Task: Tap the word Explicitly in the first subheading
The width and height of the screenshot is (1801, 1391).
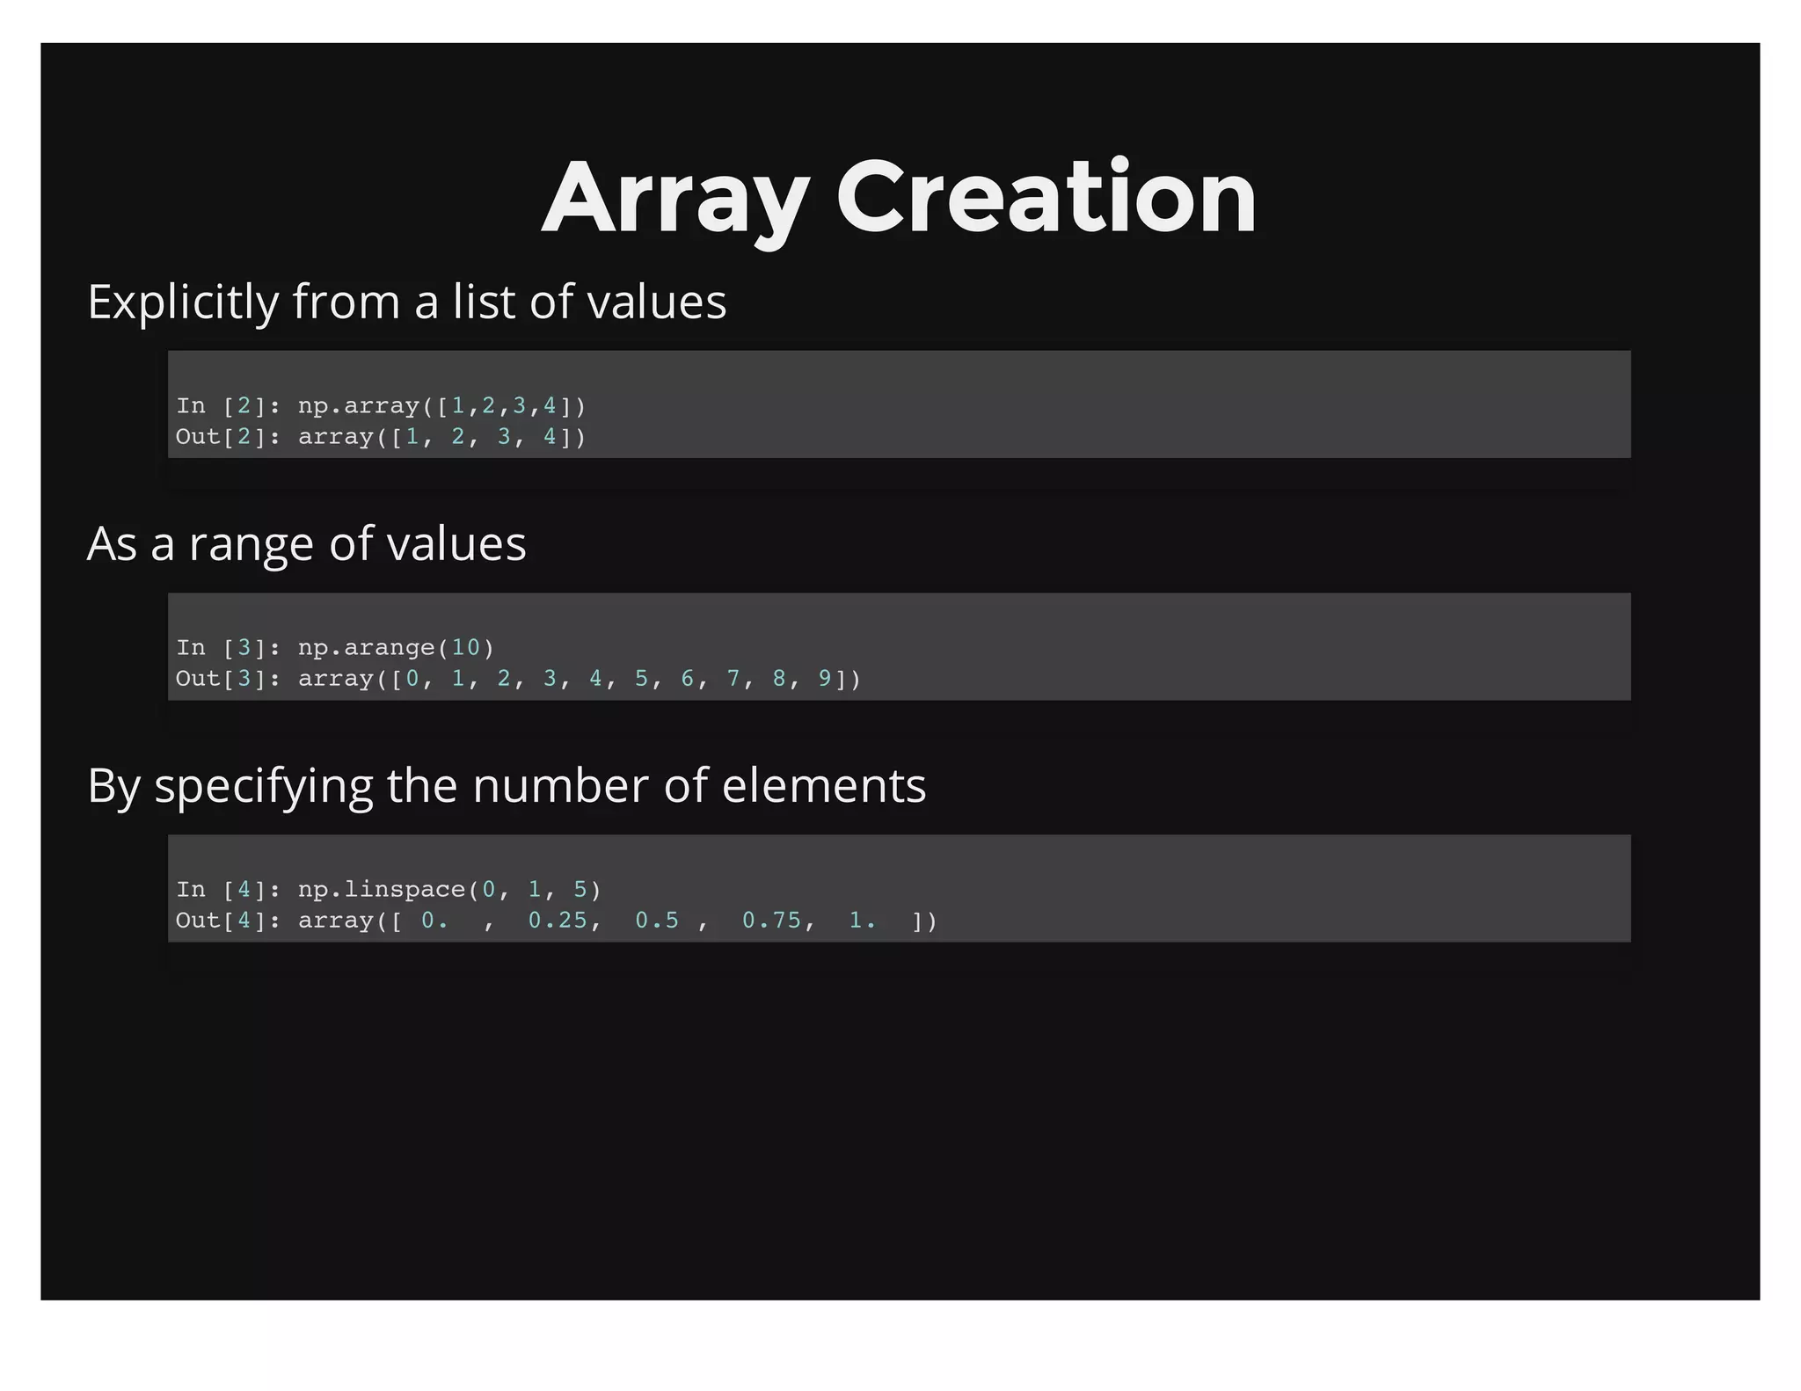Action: point(183,302)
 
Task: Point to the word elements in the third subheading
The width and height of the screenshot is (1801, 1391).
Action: point(823,785)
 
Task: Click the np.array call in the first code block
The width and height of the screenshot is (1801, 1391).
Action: point(358,406)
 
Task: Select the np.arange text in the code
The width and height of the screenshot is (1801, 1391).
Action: point(366,648)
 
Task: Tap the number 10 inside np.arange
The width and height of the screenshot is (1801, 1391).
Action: point(465,648)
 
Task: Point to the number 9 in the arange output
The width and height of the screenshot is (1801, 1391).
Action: point(825,679)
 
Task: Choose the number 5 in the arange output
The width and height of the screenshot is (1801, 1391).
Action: point(641,679)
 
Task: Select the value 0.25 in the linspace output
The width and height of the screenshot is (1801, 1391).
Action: point(557,921)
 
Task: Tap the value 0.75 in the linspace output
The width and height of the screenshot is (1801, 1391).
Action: point(771,921)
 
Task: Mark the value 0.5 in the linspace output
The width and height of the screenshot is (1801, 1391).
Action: point(657,921)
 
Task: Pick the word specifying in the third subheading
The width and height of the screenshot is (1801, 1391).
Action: point(263,787)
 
